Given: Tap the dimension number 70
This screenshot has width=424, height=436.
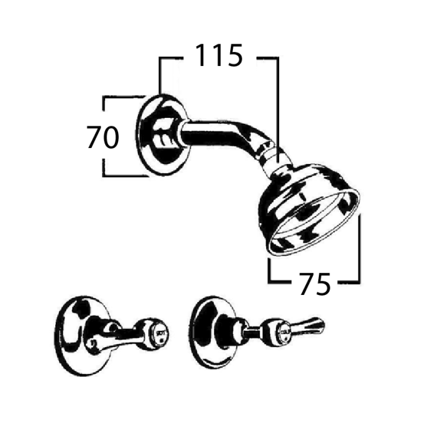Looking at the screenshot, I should pos(103,137).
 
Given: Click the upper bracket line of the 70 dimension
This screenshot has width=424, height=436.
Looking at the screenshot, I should pos(122,97).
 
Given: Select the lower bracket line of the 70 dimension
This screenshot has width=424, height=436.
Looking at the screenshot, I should pos(122,176).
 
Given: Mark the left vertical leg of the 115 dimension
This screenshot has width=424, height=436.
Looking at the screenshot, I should pos(160,77).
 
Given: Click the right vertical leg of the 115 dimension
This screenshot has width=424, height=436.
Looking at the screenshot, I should pos(277,96).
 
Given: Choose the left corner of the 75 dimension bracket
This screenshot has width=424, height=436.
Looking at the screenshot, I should pos(270,280).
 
